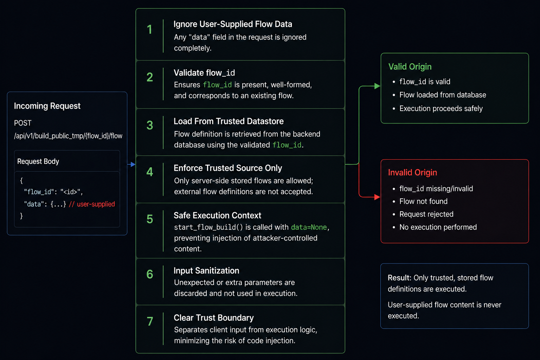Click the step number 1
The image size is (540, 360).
click(149, 30)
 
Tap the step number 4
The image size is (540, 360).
click(150, 172)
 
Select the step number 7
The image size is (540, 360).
click(150, 321)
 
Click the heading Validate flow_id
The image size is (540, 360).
click(204, 73)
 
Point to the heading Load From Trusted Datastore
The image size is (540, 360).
click(229, 121)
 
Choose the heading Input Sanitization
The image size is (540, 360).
click(206, 271)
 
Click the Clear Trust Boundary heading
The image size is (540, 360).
click(214, 318)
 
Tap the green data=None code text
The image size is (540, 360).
click(309, 227)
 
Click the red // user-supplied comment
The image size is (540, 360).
click(92, 204)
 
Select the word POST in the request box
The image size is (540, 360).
click(22, 123)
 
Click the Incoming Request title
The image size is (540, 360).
click(47, 106)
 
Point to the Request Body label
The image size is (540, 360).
click(38, 161)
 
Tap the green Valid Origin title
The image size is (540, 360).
click(410, 66)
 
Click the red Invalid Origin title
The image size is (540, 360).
click(412, 172)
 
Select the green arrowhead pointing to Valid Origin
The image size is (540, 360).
click(377, 86)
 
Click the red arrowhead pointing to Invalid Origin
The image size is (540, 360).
click(377, 197)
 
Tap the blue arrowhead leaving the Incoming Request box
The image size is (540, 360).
click(133, 165)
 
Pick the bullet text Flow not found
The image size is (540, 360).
click(423, 201)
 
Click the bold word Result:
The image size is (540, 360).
click(399, 278)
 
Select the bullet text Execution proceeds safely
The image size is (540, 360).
click(441, 109)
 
